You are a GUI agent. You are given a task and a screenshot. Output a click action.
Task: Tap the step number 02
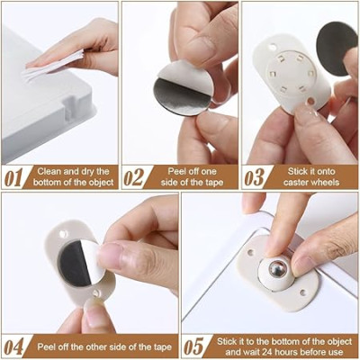134,176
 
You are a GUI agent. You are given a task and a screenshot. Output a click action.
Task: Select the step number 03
255,176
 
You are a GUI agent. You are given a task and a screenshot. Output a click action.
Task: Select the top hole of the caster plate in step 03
273,47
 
